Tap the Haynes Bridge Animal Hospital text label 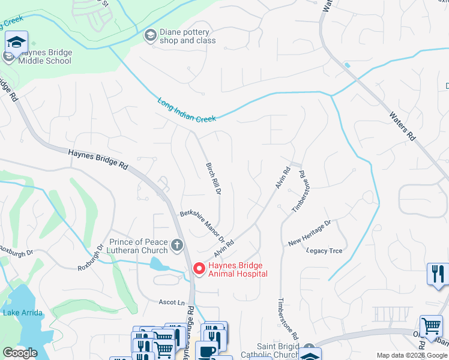coord(238,269)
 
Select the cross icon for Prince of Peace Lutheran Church coord(176,245)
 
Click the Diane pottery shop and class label coord(187,36)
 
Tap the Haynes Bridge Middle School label coord(44,56)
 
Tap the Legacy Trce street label coord(324,251)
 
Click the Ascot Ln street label coord(172,302)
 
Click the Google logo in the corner coord(20,352)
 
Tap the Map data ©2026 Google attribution coord(411,355)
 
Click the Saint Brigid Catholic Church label coord(270,350)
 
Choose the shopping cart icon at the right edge coord(431,328)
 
